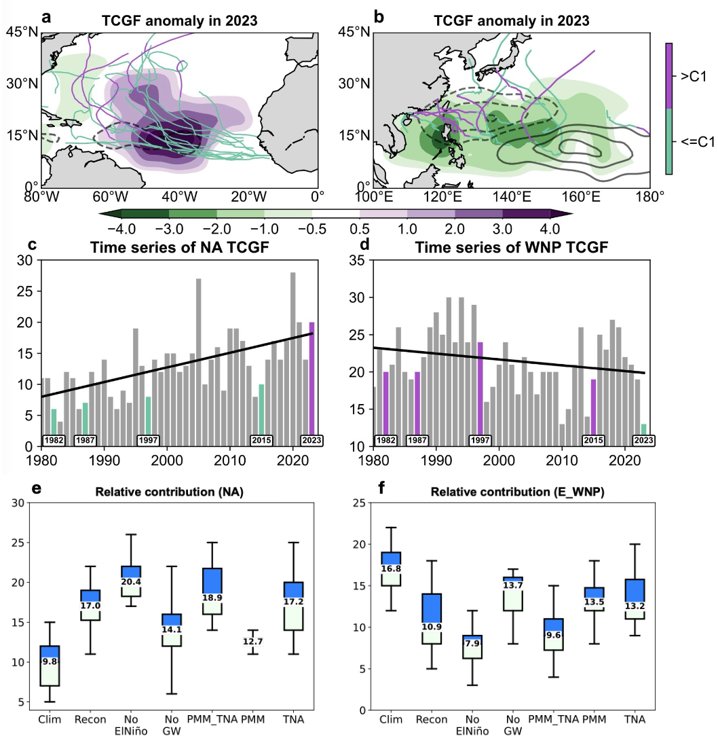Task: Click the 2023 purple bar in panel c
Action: coord(311,384)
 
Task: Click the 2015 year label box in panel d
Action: coord(594,440)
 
